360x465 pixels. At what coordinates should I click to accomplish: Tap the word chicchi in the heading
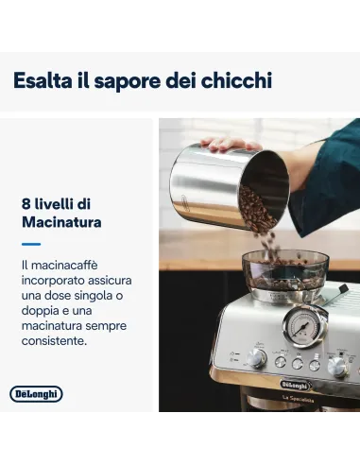pyautogui.click(x=233, y=80)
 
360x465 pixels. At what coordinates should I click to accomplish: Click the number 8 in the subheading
pyautogui.click(x=26, y=203)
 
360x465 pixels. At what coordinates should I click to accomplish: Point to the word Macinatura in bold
pyautogui.click(x=61, y=222)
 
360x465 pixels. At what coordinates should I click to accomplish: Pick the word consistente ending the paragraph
pyautogui.click(x=60, y=341)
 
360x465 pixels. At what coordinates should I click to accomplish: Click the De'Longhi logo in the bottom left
pyautogui.click(x=36, y=393)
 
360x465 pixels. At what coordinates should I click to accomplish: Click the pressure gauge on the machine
pyautogui.click(x=301, y=328)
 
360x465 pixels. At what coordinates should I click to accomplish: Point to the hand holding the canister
pyautogui.click(x=227, y=144)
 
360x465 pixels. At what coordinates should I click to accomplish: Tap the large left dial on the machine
pyautogui.click(x=255, y=357)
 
